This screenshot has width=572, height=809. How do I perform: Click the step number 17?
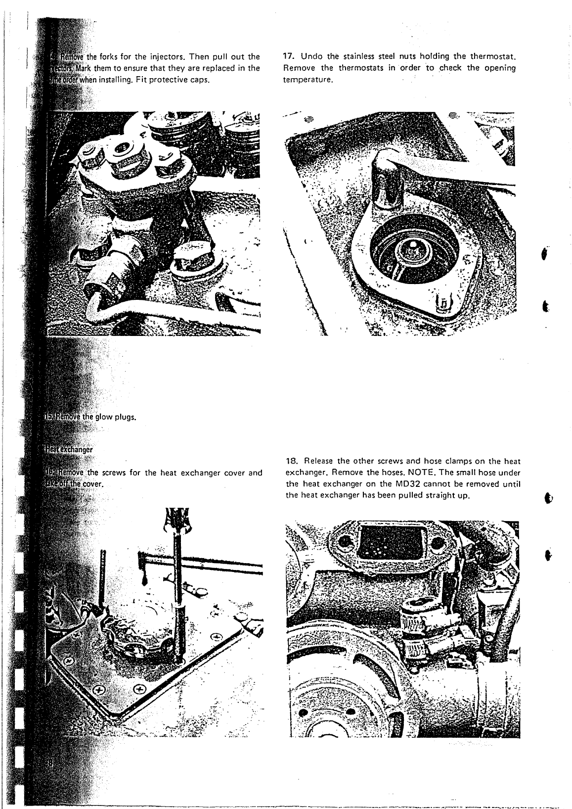(288, 55)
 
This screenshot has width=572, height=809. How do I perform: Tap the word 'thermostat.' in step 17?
(493, 55)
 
